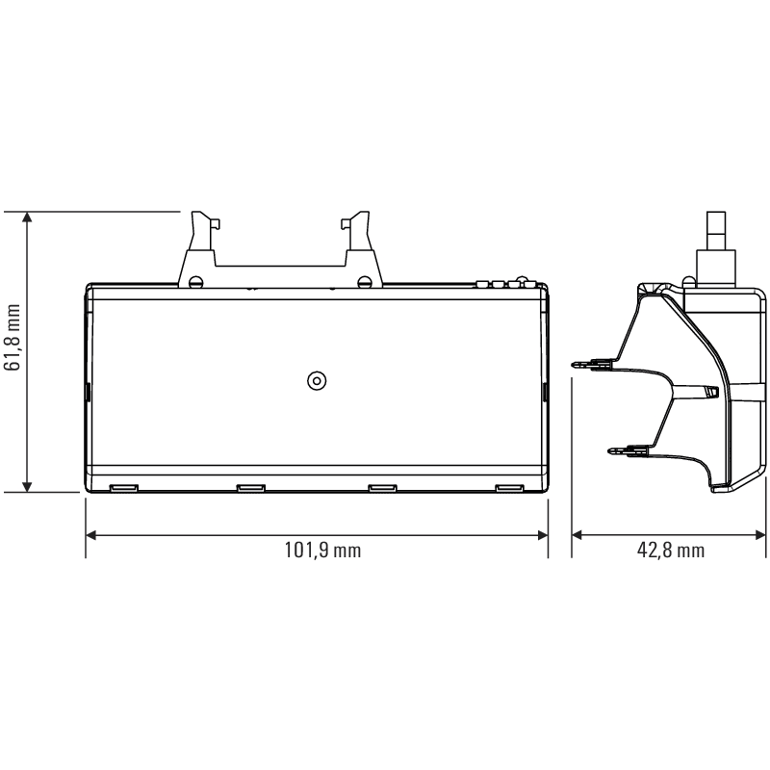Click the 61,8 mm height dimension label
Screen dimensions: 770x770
[x=12, y=337]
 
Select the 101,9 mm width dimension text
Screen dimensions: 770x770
[x=322, y=550]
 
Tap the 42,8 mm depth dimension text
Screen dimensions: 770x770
[x=670, y=550]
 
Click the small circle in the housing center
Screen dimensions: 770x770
[x=317, y=380]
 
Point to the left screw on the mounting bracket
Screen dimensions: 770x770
[x=196, y=282]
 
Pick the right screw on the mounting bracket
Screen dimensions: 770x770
[x=365, y=282]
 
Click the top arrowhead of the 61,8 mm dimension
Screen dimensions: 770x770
[x=27, y=218]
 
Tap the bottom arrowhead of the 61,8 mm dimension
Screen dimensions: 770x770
[x=27, y=486]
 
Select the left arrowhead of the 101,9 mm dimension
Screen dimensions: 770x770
[x=90, y=535]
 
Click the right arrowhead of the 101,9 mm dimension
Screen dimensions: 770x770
[x=543, y=535]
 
